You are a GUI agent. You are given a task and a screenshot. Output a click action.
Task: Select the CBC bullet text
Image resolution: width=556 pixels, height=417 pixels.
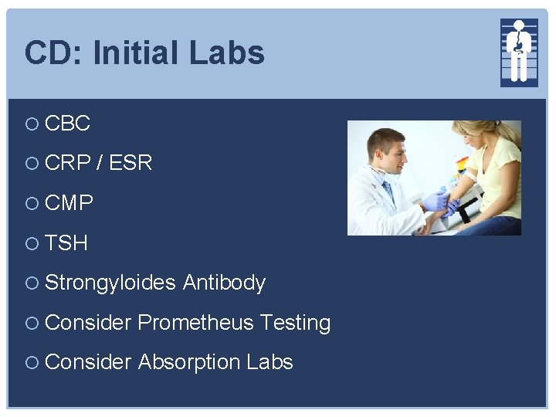coord(68,123)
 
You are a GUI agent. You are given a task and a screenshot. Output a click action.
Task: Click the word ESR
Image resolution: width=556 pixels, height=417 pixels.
coord(131,163)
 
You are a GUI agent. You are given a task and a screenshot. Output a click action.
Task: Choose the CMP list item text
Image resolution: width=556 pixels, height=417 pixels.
coord(69,203)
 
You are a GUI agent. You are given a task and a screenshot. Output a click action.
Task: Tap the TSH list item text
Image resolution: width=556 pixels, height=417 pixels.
coord(66,243)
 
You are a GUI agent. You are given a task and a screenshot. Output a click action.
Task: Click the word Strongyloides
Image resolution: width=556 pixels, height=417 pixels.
coord(110,283)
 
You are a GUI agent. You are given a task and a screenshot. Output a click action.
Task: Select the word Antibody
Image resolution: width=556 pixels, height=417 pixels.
coord(224,283)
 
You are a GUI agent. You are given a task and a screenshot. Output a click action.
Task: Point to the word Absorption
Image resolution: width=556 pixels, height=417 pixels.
coord(189,362)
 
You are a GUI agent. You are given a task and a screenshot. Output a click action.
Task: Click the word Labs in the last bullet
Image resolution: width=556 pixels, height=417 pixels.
coord(270,362)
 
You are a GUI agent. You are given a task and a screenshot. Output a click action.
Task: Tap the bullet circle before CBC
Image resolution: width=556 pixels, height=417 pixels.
coord(31,124)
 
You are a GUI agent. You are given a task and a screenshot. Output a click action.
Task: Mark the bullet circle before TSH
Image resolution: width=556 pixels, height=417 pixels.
coord(31,244)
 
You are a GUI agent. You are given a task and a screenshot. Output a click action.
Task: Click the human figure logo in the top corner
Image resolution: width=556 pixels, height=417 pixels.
coord(518,51)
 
